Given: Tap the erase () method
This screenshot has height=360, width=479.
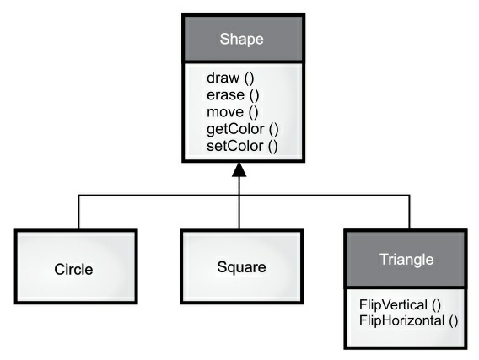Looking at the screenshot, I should (x=229, y=95).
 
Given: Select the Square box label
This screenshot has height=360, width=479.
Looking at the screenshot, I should (x=240, y=268).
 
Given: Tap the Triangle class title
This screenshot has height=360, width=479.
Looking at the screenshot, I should (x=407, y=260).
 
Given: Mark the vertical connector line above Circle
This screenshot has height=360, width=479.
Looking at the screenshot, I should (x=79, y=212).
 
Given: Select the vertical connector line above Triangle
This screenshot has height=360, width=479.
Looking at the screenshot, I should (x=409, y=212).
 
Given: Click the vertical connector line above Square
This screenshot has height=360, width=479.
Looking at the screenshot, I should (x=240, y=212).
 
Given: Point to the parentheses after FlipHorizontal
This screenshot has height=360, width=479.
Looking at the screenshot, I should (x=452, y=320).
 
